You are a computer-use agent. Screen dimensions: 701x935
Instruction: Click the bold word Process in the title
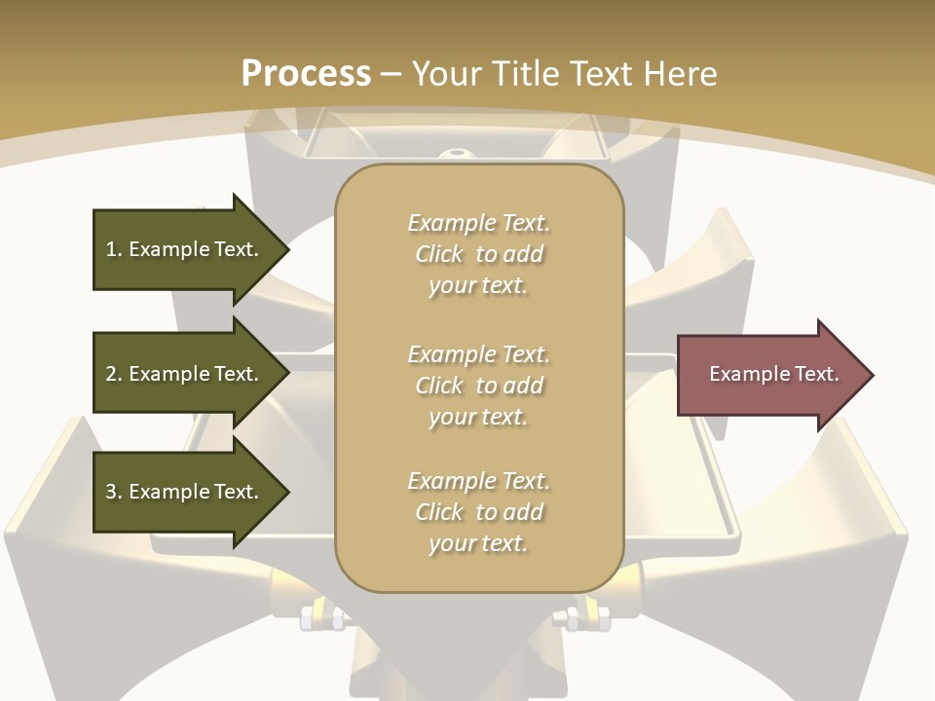[x=306, y=74]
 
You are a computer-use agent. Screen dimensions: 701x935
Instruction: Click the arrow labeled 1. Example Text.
[x=185, y=249]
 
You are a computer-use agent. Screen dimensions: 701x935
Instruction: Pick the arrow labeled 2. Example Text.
[x=185, y=374]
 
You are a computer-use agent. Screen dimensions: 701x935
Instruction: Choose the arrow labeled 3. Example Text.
[x=185, y=492]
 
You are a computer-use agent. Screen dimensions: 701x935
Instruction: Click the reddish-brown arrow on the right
[x=769, y=375]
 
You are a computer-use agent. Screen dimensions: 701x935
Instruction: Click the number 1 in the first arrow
[x=111, y=249]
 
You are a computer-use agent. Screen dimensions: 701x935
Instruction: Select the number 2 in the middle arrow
[x=111, y=374]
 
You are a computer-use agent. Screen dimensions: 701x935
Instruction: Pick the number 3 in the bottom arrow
[x=111, y=492]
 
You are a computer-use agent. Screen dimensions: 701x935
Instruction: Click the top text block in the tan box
[x=478, y=254]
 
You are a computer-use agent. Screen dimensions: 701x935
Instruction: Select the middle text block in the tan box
[x=478, y=386]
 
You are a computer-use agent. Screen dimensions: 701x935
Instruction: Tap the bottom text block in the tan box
[x=478, y=512]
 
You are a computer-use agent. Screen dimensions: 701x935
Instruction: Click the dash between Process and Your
[x=392, y=74]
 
